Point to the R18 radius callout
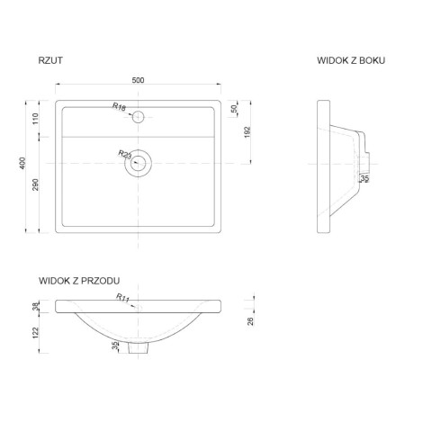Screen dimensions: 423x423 point(119,107)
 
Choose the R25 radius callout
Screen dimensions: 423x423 point(125,155)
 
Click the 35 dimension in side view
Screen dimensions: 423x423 point(364,179)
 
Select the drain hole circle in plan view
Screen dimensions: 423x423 point(139,162)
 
